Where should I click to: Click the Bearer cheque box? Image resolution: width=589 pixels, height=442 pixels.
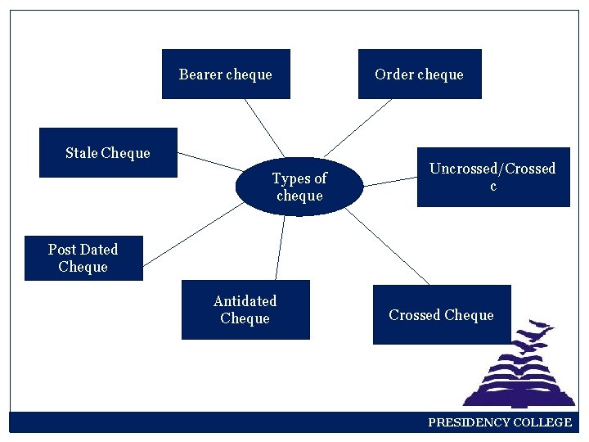pos(226,74)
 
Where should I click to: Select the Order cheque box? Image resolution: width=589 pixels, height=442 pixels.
pos(420,74)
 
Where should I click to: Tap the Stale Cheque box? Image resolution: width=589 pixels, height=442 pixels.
pos(108,153)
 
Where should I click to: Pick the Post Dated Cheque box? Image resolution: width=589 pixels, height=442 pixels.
pos(83,259)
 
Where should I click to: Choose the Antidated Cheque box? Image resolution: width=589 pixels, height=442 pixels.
pos(245,310)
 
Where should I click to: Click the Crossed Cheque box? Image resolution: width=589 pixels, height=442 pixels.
pos(442,315)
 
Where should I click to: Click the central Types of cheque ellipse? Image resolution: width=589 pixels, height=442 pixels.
pos(299,187)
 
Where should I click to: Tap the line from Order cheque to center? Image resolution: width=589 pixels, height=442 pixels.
pos(357,128)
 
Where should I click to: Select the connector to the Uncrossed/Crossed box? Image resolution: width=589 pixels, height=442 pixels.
pos(389,181)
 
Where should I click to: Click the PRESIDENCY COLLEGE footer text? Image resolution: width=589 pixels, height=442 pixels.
pos(500,422)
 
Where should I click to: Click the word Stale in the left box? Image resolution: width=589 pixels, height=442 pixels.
pos(82,153)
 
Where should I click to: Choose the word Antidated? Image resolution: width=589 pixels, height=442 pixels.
pos(245,301)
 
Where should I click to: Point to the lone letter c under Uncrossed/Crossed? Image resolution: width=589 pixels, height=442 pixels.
pos(492,187)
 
